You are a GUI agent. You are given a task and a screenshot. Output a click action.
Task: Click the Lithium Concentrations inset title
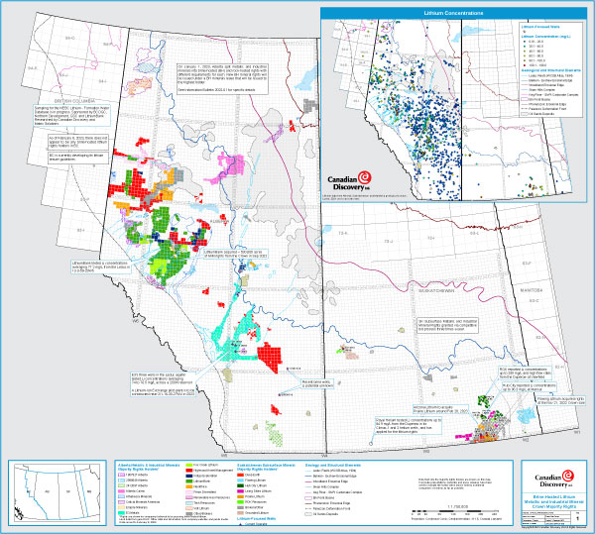coord(456,12)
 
